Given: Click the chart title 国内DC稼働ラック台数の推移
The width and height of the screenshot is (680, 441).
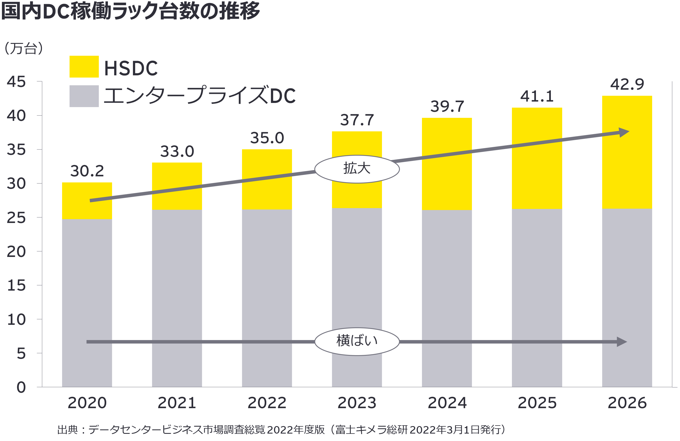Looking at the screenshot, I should [x=131, y=11].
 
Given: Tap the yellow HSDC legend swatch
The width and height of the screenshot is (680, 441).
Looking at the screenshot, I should [x=84, y=67].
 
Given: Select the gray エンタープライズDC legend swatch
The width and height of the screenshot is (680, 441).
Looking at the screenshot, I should [x=84, y=96].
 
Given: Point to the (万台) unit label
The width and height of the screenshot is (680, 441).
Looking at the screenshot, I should [x=24, y=48].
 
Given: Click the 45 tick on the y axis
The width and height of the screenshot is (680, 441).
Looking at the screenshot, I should [x=16, y=82].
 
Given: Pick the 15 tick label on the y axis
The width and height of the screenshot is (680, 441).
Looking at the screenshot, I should [x=16, y=285].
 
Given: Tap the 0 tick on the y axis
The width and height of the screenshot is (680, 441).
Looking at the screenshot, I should [x=21, y=387].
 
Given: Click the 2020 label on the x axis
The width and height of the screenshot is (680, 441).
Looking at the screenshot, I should [x=87, y=403].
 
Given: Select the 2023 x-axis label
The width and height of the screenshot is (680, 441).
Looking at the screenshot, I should [x=357, y=403].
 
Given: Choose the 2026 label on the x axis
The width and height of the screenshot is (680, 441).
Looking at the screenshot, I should [x=627, y=403].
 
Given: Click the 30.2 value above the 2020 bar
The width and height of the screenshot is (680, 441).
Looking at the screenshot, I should [x=87, y=171].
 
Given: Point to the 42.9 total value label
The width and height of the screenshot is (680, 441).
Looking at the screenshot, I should [x=627, y=84].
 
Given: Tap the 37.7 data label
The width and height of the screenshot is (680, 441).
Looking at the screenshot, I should [x=357, y=120].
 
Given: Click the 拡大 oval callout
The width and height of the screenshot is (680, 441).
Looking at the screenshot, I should [x=357, y=169].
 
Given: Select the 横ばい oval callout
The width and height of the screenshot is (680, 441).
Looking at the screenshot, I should [x=357, y=341].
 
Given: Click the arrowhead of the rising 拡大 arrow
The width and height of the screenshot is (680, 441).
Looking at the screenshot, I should [x=624, y=132].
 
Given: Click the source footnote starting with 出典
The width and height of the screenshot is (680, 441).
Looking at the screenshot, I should [x=281, y=430].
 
